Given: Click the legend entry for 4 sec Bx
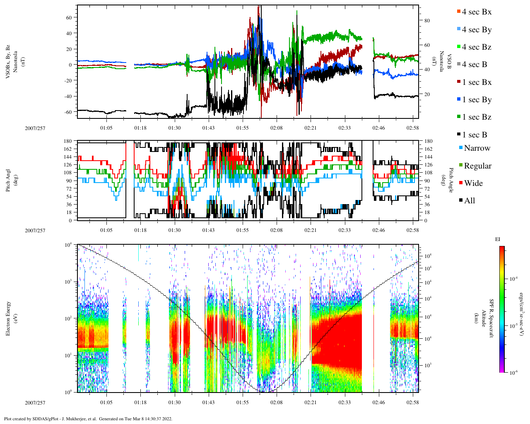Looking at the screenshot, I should tap(477, 12).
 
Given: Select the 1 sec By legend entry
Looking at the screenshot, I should tap(477, 100).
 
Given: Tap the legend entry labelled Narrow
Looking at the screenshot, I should tap(477, 148).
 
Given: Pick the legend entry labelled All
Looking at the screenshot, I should tap(470, 201).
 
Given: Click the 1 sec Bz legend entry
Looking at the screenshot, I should tap(477, 117).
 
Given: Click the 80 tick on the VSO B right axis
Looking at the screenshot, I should tap(427, 21).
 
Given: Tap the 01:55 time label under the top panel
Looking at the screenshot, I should tap(243, 128).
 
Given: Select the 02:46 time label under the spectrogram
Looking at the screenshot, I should tap(378, 402).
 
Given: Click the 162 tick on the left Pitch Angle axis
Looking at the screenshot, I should tap(67, 149).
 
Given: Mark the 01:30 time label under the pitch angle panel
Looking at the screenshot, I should tap(174, 230).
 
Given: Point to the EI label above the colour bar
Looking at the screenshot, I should tap(498, 239).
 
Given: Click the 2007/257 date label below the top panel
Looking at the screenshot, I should tap(35, 128).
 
